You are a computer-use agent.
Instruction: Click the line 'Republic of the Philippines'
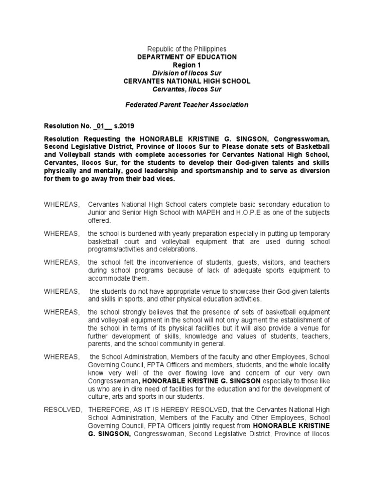click(x=187, y=49)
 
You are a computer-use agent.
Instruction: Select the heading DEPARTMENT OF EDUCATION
click(x=187, y=57)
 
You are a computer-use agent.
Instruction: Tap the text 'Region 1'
click(x=187, y=65)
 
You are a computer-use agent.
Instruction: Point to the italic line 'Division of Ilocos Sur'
click(x=187, y=73)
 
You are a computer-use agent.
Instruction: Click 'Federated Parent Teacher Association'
click(x=187, y=105)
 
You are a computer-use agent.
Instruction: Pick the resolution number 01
click(x=101, y=126)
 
